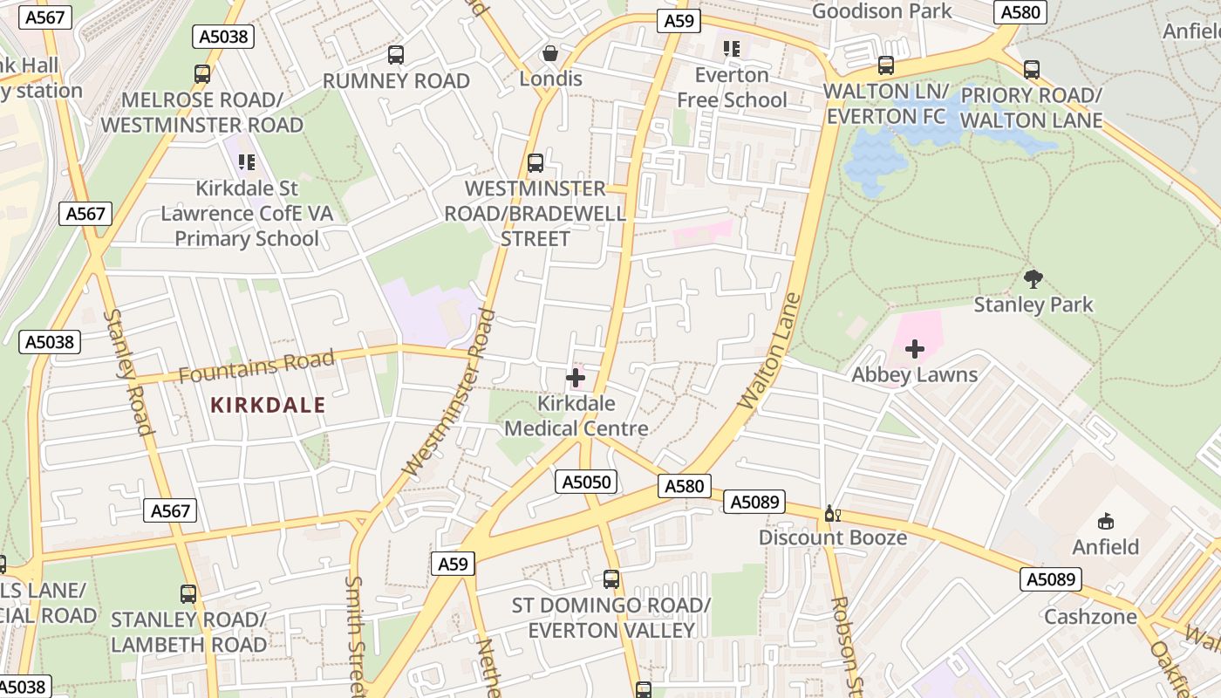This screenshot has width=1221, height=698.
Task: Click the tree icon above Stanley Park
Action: (1033, 279)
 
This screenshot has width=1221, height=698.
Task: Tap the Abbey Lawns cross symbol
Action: (914, 350)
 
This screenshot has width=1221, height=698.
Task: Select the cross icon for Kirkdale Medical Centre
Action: (576, 378)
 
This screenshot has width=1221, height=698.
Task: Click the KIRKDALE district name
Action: (268, 405)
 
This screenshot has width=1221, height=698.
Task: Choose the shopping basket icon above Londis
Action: (550, 53)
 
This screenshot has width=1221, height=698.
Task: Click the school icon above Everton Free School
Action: (732, 49)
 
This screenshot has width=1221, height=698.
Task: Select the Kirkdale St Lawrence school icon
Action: (247, 162)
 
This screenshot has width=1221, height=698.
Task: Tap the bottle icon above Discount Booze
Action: (832, 514)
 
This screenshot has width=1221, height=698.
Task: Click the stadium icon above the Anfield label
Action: (1105, 522)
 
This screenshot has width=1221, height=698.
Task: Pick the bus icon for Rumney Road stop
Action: (396, 55)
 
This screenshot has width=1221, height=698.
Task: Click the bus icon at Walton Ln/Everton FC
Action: (886, 65)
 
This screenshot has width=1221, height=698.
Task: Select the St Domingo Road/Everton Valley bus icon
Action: (611, 578)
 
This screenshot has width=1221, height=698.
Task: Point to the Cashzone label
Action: (1090, 617)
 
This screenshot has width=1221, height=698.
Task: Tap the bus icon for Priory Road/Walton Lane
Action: (1032, 70)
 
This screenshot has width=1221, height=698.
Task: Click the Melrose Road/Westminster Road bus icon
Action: (202, 74)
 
